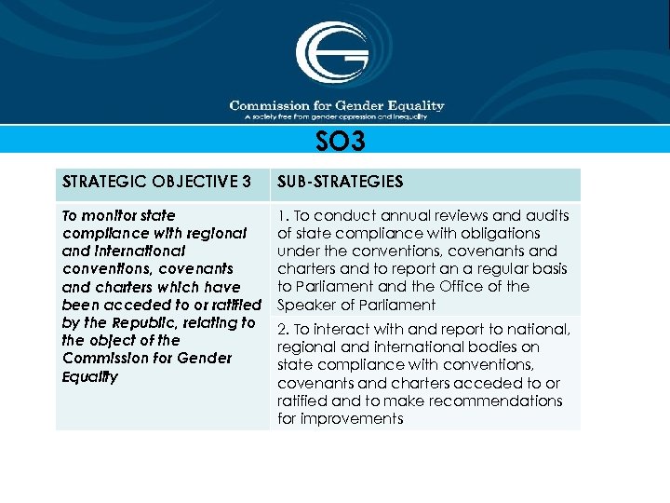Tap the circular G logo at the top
point(331,54)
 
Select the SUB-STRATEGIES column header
point(341,182)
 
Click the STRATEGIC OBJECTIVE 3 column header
point(156,182)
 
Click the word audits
point(547,215)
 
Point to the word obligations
point(493,233)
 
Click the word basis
point(545,269)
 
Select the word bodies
point(494,347)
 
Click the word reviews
point(475,215)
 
